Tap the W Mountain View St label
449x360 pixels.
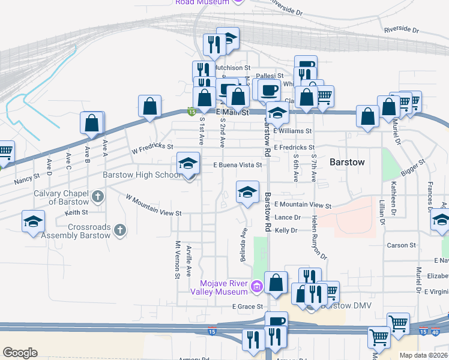click(153, 205)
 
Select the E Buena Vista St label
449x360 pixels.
click(238, 165)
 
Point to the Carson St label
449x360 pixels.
click(402, 245)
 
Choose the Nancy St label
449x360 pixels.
click(26, 177)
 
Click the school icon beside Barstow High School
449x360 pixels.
click(188, 164)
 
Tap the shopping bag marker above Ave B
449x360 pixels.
click(92, 124)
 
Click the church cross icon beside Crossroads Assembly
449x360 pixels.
click(120, 230)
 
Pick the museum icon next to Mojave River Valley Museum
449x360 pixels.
click(257, 287)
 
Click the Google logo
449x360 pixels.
click(20, 353)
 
